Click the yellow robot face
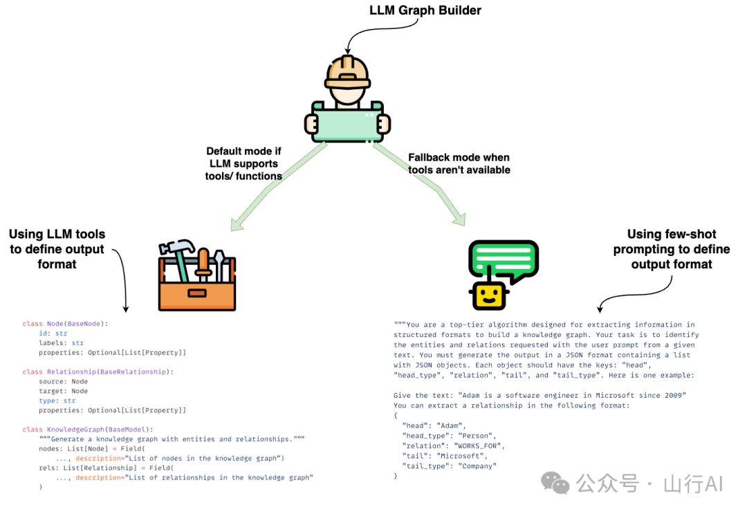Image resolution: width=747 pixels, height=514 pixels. pos(488,295)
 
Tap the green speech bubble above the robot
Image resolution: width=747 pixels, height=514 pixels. pos(503,260)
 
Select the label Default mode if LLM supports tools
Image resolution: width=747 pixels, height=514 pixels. pos(243,163)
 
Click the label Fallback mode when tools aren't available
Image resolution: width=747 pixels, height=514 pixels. pos(459,163)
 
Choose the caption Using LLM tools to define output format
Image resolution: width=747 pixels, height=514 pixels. pos(57,249)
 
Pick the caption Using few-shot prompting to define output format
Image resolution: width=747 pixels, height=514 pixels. pos(671,249)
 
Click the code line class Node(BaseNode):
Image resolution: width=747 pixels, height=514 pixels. pos(65,324)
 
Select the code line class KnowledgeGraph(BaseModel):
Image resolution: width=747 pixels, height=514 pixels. pos(90,430)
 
